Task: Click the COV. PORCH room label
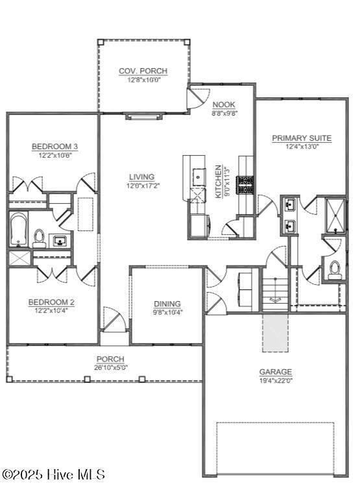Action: tap(143, 71)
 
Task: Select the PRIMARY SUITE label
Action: tap(302, 138)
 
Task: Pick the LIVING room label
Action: tap(141, 176)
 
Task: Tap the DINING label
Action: tap(167, 304)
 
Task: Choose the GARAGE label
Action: tap(276, 372)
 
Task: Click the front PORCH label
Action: tap(110, 359)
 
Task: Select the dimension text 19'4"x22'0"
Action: tap(276, 381)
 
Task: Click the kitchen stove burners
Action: tap(246, 186)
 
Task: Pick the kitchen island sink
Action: tap(197, 176)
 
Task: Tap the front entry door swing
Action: tap(114, 321)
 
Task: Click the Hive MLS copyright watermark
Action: tap(53, 475)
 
